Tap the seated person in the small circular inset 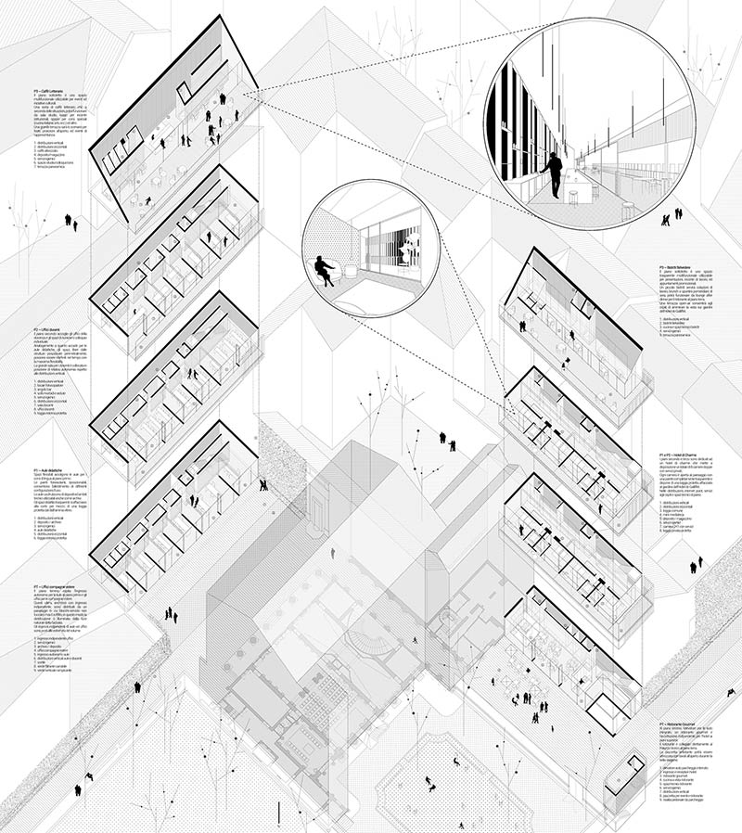point(326,268)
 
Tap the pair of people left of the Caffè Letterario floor point(70,221)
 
